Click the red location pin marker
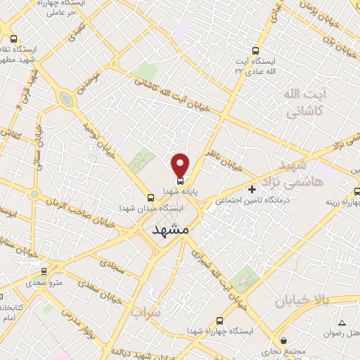click(x=181, y=165)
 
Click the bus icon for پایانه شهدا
click(x=181, y=179)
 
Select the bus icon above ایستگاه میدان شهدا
click(x=150, y=198)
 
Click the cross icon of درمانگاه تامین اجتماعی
click(x=252, y=190)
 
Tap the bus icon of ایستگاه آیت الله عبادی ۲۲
click(x=257, y=51)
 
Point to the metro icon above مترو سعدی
click(x=44, y=271)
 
